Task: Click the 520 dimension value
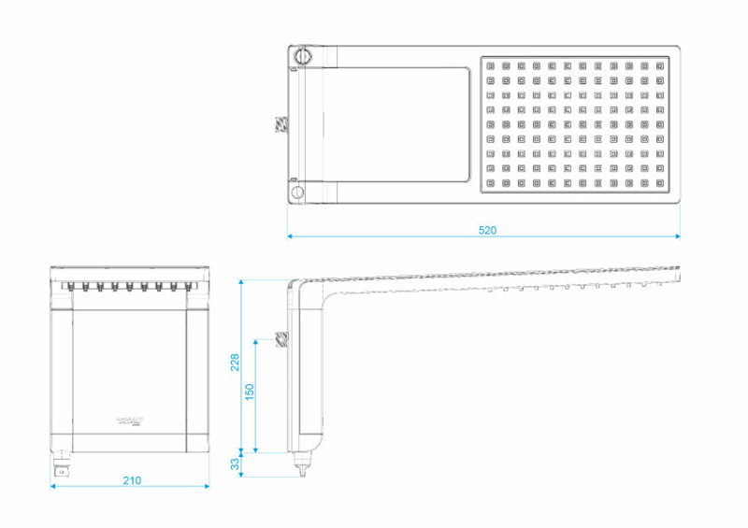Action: click(x=487, y=229)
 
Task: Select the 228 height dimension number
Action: click(x=236, y=362)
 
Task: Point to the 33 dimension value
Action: click(x=236, y=463)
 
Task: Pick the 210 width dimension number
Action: click(x=132, y=480)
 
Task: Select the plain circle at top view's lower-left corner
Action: click(x=297, y=193)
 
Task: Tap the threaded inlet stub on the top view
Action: click(x=280, y=125)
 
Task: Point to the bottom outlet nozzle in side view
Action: click(x=302, y=464)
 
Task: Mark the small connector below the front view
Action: click(x=62, y=467)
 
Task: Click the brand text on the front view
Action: click(x=128, y=422)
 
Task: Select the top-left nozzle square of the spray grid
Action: click(x=490, y=66)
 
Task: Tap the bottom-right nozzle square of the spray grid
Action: click(x=660, y=182)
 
